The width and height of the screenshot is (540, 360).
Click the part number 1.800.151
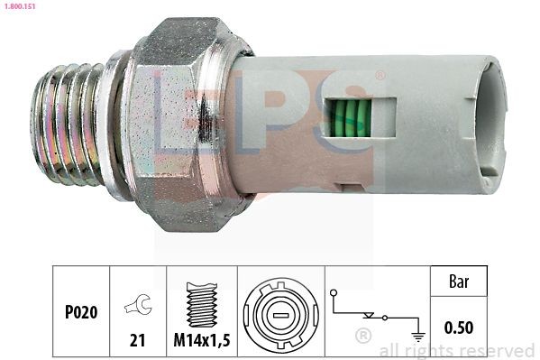19,6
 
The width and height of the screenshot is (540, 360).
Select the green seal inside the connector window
350,118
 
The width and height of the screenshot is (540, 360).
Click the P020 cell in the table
81,311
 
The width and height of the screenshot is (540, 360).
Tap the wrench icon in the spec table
137,306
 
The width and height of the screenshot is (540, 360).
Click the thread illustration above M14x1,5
200,303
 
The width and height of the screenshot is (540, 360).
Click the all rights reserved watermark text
457,350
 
